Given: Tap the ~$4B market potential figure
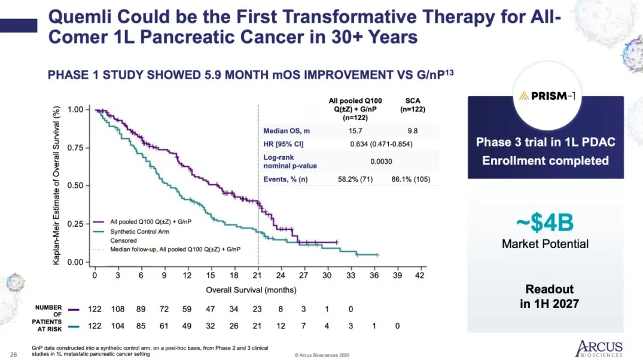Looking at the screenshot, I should click(545, 224).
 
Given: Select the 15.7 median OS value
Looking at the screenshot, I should click(355, 130).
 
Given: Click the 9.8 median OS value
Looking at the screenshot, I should click(412, 130).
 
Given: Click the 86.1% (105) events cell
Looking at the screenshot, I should click(412, 179).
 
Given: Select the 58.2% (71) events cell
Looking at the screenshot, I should click(355, 179).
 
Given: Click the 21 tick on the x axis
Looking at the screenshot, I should click(257, 275).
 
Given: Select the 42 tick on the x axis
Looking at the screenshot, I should click(420, 275).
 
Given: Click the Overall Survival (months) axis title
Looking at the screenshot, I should click(251, 289).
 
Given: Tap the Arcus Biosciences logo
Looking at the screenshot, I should click(599, 348).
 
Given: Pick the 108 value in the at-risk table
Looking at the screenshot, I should click(118, 309).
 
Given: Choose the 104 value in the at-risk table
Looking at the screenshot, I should click(118, 326).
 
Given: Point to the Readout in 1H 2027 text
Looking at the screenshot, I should click(549, 297).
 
